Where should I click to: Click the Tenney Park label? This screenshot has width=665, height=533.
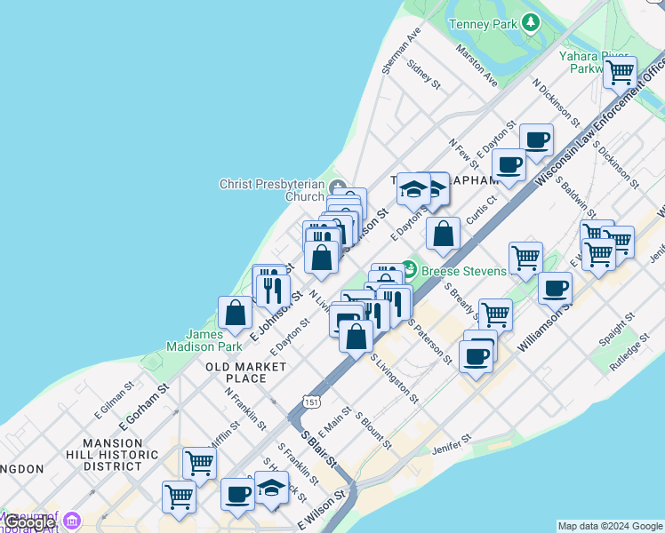tap(483, 23)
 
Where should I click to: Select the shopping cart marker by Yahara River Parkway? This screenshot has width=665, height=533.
tap(620, 72)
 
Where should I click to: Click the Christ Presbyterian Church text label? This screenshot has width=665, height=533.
tap(272, 190)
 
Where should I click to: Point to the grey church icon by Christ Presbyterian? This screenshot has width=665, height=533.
tap(337, 187)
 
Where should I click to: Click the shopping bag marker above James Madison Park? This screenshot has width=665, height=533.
tap(235, 313)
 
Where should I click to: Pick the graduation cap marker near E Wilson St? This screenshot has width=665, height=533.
tap(271, 488)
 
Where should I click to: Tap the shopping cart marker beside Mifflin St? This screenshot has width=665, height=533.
tap(199, 462)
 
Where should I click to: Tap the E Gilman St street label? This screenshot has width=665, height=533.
tap(117, 396)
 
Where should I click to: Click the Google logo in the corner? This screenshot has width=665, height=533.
tap(28, 522)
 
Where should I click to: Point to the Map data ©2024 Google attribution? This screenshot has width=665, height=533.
tap(610, 526)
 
